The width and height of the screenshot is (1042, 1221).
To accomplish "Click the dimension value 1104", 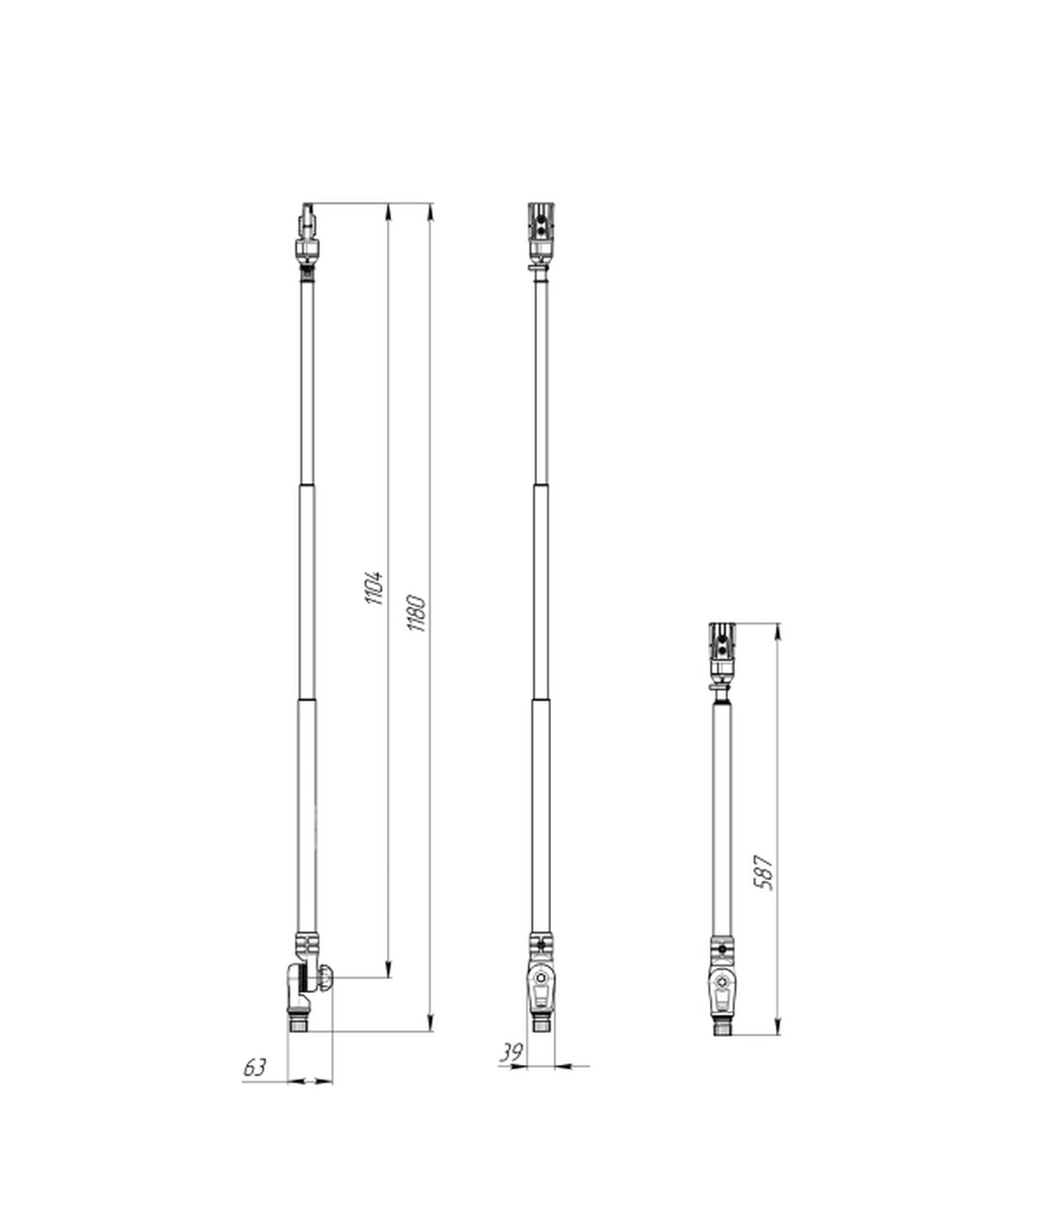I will pos(375,588).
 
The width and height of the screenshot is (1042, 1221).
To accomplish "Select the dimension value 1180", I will pos(417,613).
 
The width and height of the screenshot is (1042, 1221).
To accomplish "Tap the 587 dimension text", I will pos(764,872).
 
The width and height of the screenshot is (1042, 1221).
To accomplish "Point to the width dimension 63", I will pos(255,1067).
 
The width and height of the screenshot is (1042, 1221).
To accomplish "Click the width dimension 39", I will pos(512,1053).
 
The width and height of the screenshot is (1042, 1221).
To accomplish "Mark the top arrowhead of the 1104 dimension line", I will pos(389,211).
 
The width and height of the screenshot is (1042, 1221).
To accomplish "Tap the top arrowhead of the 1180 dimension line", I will pos(430,211).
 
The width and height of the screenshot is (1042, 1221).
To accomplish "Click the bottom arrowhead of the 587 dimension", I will pos(778,1026).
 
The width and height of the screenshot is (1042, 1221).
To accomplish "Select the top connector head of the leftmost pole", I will pos(308,232).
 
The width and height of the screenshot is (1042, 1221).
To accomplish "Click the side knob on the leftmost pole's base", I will pos(326,977).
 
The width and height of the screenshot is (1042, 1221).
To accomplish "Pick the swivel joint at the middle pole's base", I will pos(542,987).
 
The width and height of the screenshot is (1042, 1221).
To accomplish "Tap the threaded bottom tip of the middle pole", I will pos(542,1023).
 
